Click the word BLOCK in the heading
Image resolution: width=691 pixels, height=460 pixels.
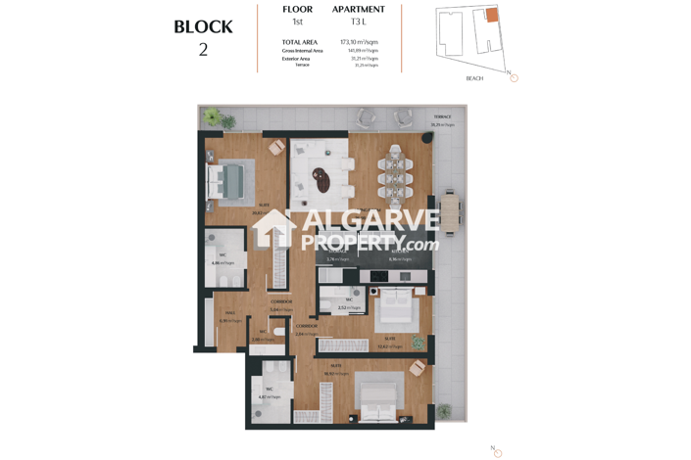[x=203, y=27]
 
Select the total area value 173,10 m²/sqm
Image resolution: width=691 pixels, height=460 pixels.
[x=359, y=42]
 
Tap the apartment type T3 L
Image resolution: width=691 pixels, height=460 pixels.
[x=359, y=22]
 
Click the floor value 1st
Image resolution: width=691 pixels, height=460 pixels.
[x=297, y=22]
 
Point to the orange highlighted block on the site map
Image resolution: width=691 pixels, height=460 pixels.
[x=492, y=16]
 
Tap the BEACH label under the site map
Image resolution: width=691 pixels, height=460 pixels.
[x=474, y=78]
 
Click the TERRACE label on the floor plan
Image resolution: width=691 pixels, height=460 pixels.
[x=442, y=117]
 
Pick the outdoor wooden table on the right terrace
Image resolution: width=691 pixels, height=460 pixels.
[x=450, y=214]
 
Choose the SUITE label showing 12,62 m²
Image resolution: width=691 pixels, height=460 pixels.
[x=389, y=339]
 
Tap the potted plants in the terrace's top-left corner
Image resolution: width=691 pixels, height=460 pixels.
[x=212, y=118]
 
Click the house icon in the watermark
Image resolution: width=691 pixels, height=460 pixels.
[x=275, y=231]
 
